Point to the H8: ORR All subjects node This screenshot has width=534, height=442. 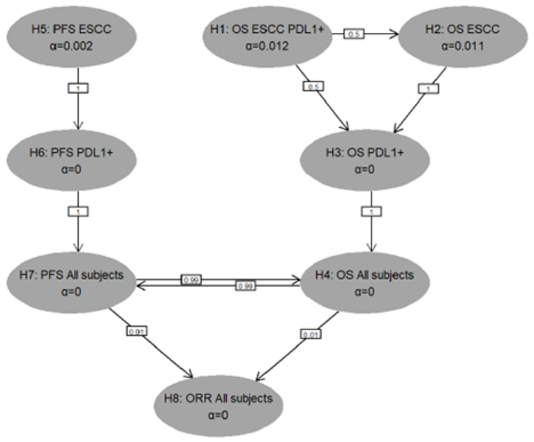coord(222,405)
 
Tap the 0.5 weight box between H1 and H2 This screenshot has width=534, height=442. coord(355,34)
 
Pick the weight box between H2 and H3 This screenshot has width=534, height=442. coord(427,89)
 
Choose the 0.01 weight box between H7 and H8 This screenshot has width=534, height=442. coord(136,330)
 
